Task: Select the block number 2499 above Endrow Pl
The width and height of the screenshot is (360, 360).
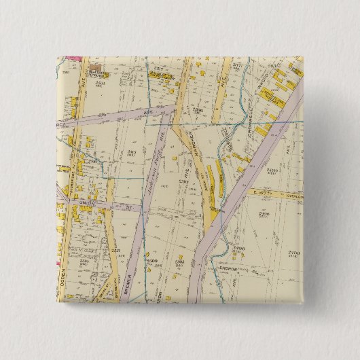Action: pyautogui.click(x=238, y=250)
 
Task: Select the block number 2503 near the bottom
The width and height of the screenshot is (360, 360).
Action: pyautogui.click(x=179, y=262)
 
